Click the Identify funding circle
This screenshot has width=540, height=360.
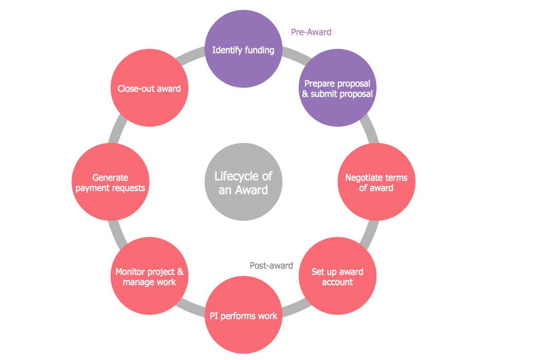click(x=243, y=50)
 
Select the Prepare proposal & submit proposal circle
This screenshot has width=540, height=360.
click(x=337, y=89)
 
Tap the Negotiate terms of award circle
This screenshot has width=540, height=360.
click(x=376, y=183)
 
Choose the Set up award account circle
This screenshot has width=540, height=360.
click(x=337, y=277)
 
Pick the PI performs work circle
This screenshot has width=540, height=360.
click(x=243, y=316)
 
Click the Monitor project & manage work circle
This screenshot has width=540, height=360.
click(x=149, y=277)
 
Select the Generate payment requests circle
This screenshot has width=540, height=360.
click(x=110, y=183)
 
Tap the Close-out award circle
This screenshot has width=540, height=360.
click(x=149, y=89)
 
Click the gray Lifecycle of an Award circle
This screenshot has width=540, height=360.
click(x=243, y=183)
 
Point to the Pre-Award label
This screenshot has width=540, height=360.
click(x=311, y=32)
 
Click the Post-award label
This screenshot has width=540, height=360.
click(x=271, y=266)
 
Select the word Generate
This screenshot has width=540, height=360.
click(x=110, y=178)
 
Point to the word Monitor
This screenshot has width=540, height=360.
click(x=132, y=272)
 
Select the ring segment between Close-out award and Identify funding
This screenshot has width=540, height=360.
click(x=192, y=58)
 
